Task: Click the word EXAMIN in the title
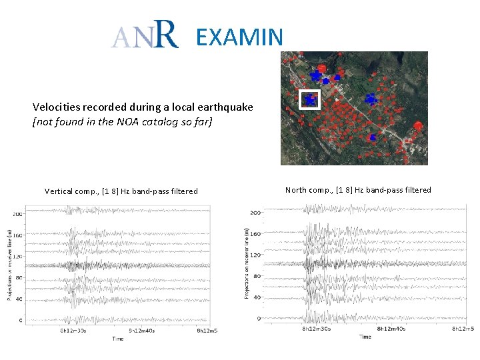pyautogui.click(x=239, y=37)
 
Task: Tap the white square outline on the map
pyautogui.click(x=309, y=99)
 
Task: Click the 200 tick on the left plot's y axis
pyautogui.click(x=17, y=214)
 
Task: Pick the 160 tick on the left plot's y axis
pyautogui.click(x=17, y=235)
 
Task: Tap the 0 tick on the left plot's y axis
pyautogui.click(x=20, y=320)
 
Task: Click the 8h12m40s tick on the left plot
pyautogui.click(x=143, y=331)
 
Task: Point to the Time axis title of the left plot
pyautogui.click(x=117, y=339)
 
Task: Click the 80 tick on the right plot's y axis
pyautogui.click(x=257, y=276)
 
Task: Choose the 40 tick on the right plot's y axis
pyautogui.click(x=257, y=297)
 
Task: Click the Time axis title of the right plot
pyautogui.click(x=365, y=337)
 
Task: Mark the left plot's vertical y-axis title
pyautogui.click(x=8, y=265)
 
